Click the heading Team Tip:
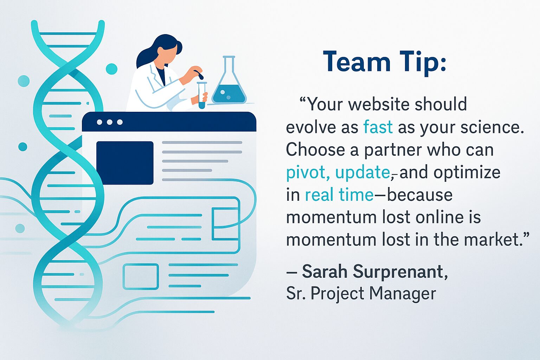pyautogui.click(x=385, y=62)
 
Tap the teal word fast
pyautogui.click(x=378, y=127)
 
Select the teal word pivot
pyautogui.click(x=306, y=173)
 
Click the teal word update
pyautogui.click(x=362, y=173)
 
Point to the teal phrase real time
pyautogui.click(x=339, y=195)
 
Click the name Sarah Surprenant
pyautogui.click(x=375, y=271)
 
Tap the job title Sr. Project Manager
pyautogui.click(x=361, y=293)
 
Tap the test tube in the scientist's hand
pyautogui.click(x=202, y=95)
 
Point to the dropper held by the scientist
pyautogui.click(x=199, y=74)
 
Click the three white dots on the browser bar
pyautogui.click(x=110, y=122)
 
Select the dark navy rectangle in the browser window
pyautogui.click(x=125, y=163)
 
